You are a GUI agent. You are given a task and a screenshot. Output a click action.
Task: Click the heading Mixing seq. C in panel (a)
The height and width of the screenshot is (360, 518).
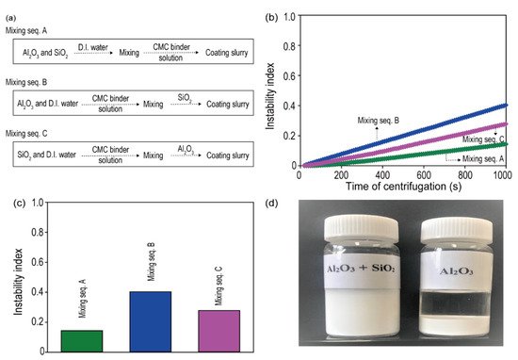click(x=29, y=132)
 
